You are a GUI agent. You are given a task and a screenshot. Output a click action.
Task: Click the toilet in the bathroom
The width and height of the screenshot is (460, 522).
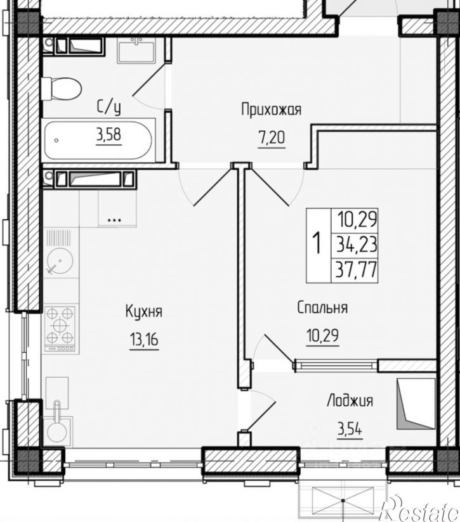pos(62,89)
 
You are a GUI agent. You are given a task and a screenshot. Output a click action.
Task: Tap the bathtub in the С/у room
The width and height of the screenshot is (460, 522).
pos(99,140)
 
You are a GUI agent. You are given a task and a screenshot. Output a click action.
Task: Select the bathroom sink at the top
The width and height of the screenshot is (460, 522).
pos(136,50)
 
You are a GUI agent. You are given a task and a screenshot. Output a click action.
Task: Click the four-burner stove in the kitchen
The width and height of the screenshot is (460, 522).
pos(60,329)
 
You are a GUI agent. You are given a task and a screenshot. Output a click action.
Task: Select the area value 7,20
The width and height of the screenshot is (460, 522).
pos(272,138)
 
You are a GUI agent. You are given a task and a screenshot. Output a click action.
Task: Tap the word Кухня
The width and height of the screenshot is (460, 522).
pos(143,312)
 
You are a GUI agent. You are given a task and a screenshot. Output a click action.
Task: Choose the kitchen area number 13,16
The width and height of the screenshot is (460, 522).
pos(144,340)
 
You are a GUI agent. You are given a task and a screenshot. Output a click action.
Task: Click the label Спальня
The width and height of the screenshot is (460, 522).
pos(322,308)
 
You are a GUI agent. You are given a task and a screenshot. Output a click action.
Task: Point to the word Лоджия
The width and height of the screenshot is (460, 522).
pos(350,401)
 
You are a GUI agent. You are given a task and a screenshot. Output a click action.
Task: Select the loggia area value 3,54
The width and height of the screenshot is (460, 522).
pos(350,429)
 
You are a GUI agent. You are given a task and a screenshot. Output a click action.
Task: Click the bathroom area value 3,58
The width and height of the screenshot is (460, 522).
pos(108,135)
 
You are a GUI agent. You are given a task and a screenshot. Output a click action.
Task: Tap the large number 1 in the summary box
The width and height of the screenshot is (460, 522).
pos(317,243)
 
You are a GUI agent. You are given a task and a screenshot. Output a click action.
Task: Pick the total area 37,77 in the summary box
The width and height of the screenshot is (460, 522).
pos(357,270)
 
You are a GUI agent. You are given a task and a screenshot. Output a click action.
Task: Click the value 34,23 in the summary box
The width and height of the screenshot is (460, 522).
pos(357,245)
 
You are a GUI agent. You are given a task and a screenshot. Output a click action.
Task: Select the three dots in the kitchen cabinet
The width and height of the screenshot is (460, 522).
pos(115,220)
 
